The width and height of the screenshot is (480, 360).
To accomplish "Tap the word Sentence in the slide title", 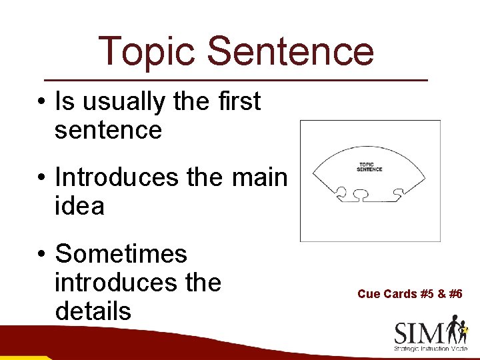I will pos(290,51).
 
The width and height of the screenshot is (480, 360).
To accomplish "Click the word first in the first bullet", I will pos(238,102).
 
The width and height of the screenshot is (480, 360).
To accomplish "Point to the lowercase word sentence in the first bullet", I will pos(108,130).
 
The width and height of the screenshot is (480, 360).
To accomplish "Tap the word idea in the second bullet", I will pos(79,206).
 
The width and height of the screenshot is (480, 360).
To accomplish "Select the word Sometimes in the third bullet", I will pos(121,254).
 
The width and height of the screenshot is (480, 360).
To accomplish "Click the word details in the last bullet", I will pos(93,311).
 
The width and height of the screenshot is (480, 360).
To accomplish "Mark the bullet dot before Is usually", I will pos(41,103).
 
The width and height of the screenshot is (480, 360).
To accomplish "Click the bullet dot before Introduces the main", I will pos(41,179).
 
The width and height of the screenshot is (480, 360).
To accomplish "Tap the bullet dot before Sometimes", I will pos(41,255).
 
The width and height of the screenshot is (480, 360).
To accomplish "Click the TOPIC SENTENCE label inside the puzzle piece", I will pos(369,167).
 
